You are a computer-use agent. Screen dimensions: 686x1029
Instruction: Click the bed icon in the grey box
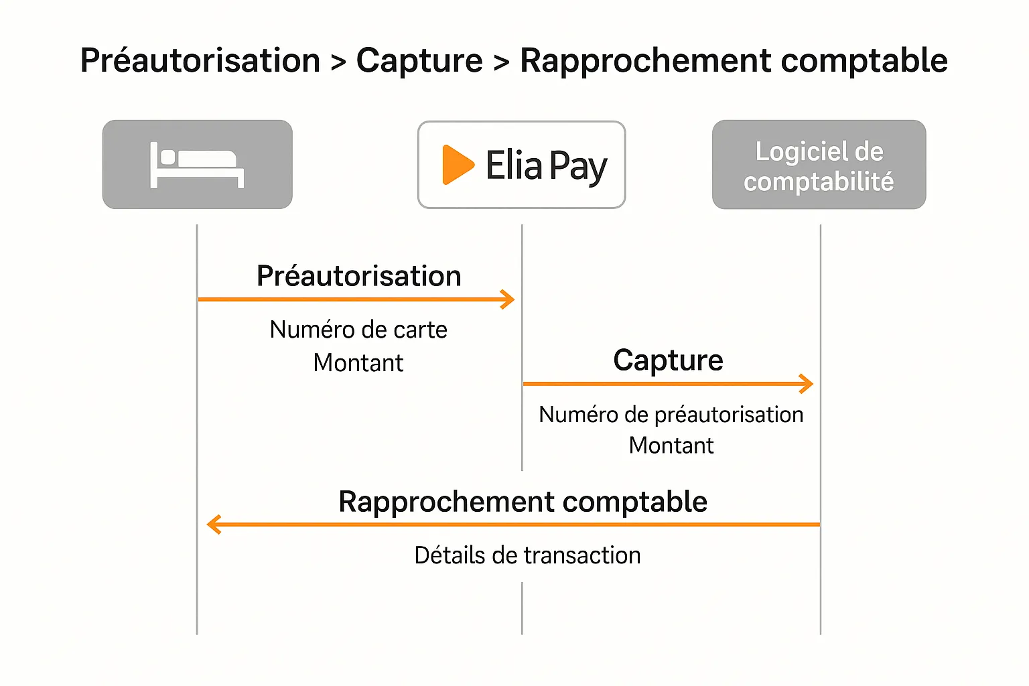pos(197,165)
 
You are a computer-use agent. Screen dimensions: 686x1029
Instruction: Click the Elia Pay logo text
pos(546,165)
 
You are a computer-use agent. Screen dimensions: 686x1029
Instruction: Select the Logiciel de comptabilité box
pos(819,165)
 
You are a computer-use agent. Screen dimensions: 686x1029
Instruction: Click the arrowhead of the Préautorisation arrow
pos(508,299)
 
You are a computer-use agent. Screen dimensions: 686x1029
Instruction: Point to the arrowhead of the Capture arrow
pos(807,384)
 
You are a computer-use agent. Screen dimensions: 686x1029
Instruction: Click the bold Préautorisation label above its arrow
pos(359,276)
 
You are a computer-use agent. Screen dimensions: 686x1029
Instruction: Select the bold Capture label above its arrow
pos(668,360)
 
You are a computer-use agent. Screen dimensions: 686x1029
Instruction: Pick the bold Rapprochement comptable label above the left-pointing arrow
pos(523,502)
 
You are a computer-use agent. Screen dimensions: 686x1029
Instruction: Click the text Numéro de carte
pos(358,330)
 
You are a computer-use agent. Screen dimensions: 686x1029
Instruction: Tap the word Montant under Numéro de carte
pos(358,363)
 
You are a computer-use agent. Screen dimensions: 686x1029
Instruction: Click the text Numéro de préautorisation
pos(671,415)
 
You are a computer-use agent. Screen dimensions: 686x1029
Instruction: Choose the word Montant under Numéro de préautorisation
pos(671,445)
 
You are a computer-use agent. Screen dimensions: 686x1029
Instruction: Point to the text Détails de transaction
pos(527,555)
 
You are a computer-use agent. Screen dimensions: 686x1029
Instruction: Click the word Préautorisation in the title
pos(200,60)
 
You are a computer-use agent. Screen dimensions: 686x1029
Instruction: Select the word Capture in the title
pos(419,60)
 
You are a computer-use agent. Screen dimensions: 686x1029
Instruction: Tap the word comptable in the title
pos(864,60)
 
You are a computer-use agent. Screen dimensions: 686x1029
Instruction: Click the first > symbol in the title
pos(338,62)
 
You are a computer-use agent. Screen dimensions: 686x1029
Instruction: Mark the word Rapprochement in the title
pos(646,60)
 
